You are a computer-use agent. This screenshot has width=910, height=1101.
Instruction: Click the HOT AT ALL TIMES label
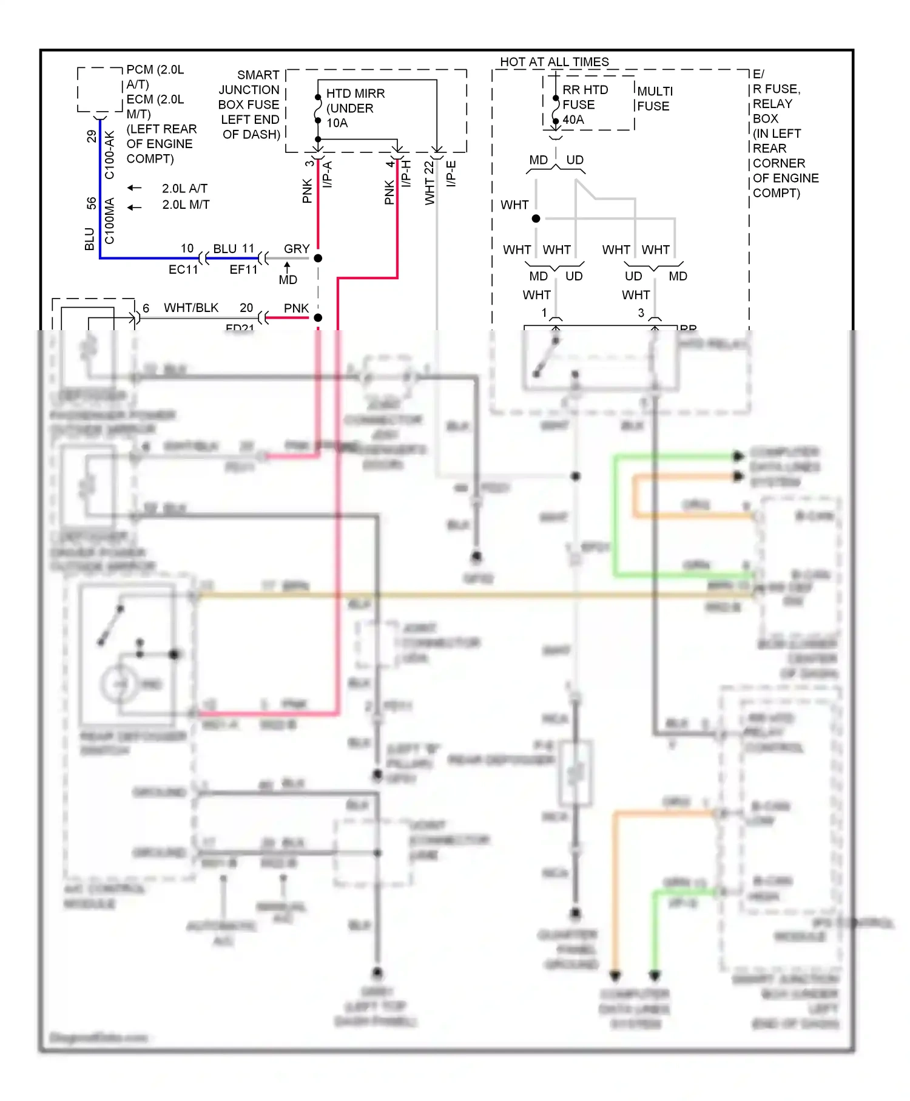(554, 62)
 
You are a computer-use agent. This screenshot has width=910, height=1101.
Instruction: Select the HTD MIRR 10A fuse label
(355, 108)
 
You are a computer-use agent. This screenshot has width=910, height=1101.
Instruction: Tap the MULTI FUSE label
(654, 98)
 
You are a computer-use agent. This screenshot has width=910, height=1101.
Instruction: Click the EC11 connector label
(183, 269)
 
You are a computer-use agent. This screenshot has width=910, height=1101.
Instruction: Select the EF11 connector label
(243, 269)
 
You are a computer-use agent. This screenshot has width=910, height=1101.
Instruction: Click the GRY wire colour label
(297, 249)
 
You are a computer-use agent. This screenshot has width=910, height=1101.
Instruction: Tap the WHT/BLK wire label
(191, 308)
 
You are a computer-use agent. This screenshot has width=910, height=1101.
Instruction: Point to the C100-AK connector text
(109, 155)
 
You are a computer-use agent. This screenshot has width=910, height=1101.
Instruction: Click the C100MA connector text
(109, 221)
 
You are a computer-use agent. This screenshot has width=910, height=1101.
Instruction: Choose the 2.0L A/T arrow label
(184, 188)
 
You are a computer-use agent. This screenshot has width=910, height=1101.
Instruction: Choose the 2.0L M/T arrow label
(186, 205)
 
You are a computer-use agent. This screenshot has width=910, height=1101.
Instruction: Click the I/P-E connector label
(451, 174)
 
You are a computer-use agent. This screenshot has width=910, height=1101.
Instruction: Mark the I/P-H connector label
(406, 174)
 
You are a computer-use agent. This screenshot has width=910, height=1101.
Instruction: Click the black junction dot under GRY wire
(318, 259)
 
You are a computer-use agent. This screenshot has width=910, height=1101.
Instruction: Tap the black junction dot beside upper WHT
(536, 219)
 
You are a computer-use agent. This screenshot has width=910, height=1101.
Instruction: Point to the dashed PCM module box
(100, 90)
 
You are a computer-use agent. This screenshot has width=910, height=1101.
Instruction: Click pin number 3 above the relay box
(641, 313)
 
